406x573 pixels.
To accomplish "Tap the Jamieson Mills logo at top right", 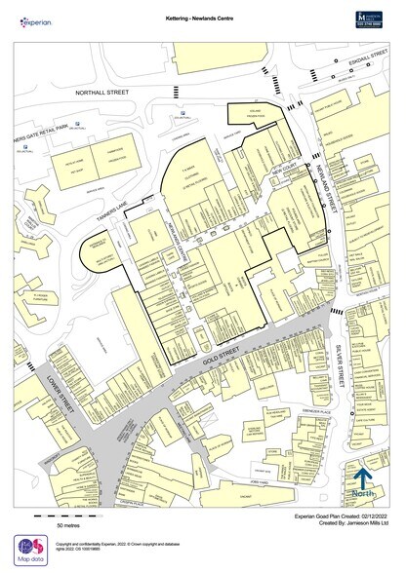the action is tap(372, 17).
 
